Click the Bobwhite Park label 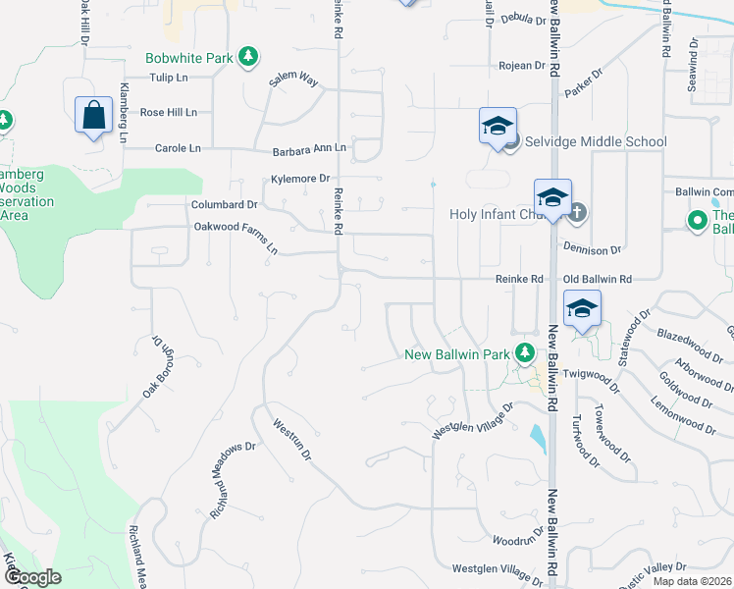point(189,58)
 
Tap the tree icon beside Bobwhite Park point(250,57)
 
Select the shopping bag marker point(93,115)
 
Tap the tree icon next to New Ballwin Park point(525,352)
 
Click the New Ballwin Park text point(458,353)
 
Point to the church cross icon point(577,210)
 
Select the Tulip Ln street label point(169,78)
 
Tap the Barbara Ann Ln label point(309,148)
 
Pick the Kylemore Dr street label point(300,179)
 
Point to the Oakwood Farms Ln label point(236,237)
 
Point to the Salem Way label point(293,82)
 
